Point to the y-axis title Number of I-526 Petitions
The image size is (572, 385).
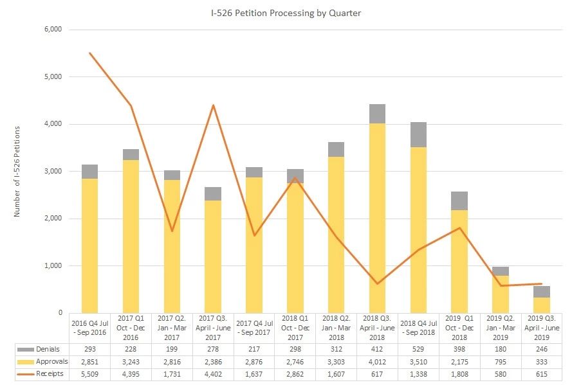coord(17,172)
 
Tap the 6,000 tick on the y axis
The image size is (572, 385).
coord(52,30)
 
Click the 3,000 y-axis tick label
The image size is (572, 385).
coord(52,172)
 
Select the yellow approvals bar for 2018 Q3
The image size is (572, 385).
coord(377,219)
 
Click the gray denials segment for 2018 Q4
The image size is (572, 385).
coord(418,135)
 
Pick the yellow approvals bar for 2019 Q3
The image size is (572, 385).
coord(542,305)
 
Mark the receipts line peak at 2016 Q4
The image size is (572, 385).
coord(89,53)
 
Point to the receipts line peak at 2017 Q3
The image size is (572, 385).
coord(213,105)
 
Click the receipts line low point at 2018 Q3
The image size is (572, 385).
coord(377,283)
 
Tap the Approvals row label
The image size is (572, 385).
coord(49,361)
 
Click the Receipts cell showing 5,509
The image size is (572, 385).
coord(89,373)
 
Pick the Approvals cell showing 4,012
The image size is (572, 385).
coord(377,361)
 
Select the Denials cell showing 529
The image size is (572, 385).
coord(418,349)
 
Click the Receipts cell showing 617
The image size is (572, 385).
coord(377,373)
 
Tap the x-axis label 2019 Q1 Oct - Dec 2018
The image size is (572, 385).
coord(459,327)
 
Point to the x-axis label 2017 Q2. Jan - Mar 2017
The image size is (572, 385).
coord(172,327)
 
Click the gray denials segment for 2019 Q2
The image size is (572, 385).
coord(501,271)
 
